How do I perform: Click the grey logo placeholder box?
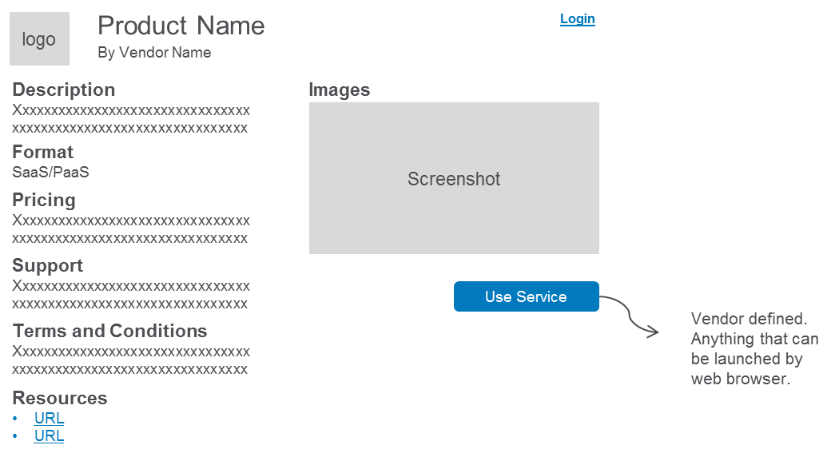click(x=40, y=38)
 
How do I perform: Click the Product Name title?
click(x=181, y=26)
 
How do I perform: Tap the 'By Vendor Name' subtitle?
click(x=154, y=53)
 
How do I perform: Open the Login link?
click(x=578, y=18)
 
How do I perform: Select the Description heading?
click(x=64, y=89)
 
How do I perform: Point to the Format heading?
click(x=43, y=152)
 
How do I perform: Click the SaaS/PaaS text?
click(x=51, y=172)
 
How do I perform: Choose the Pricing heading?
click(x=44, y=200)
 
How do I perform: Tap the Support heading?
click(x=48, y=265)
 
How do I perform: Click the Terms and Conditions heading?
click(x=109, y=331)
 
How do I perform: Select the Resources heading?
click(x=60, y=398)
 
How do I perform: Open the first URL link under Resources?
click(x=50, y=418)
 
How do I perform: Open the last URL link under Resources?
click(x=50, y=436)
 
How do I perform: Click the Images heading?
click(x=340, y=89)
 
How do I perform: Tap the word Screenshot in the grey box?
click(x=454, y=179)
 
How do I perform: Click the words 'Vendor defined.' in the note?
click(x=749, y=319)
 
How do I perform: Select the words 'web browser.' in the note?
click(x=741, y=379)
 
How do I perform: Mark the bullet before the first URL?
click(x=15, y=418)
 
